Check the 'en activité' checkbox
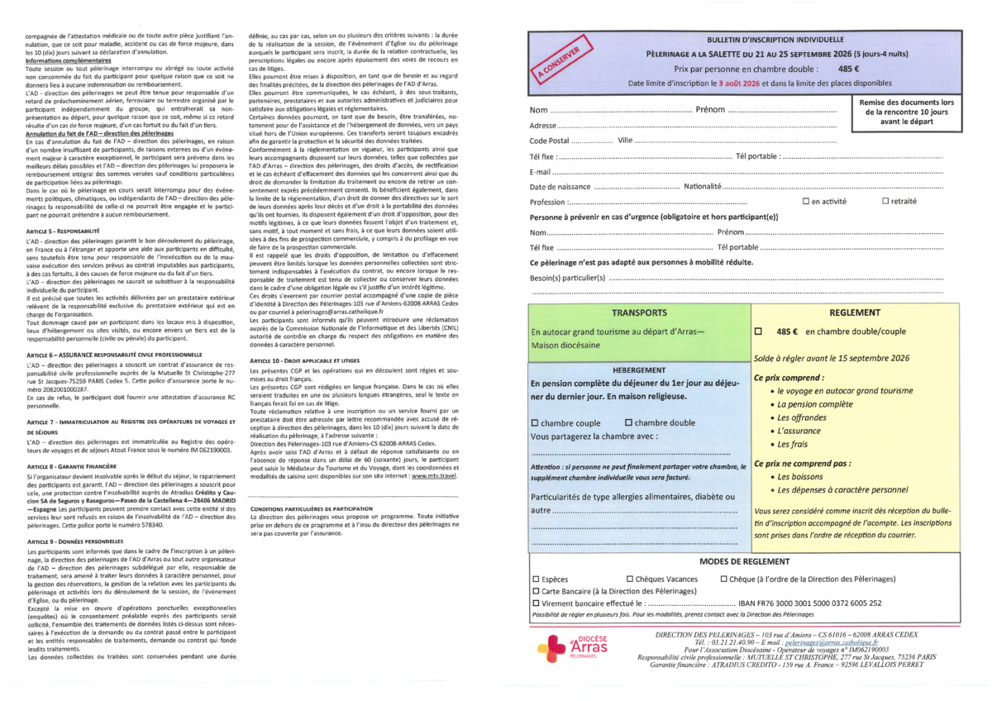tap(806, 202)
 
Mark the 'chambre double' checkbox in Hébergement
tap(629, 423)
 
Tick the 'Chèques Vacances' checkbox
tap(630, 579)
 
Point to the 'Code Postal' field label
tap(549, 141)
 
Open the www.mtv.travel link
tap(433, 475)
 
